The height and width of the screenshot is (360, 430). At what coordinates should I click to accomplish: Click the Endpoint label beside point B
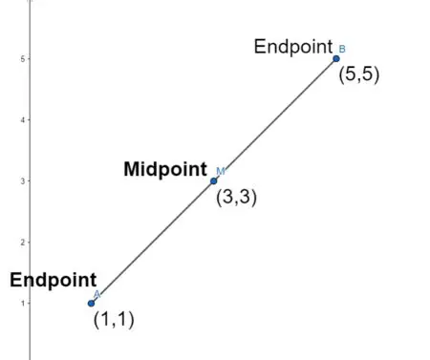tap(292, 47)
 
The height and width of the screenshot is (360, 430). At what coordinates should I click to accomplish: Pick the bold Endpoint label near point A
tap(48, 281)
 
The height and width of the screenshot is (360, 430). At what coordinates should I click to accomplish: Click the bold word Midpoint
tap(165, 169)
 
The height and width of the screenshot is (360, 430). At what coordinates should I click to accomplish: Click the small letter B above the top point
tap(342, 48)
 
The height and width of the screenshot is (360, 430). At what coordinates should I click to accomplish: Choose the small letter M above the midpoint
tap(220, 171)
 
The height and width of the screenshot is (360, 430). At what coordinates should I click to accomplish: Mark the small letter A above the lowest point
tap(97, 294)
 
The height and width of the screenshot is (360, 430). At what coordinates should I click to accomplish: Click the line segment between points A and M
tap(153, 243)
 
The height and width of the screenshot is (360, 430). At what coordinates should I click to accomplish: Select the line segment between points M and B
tap(275, 120)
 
